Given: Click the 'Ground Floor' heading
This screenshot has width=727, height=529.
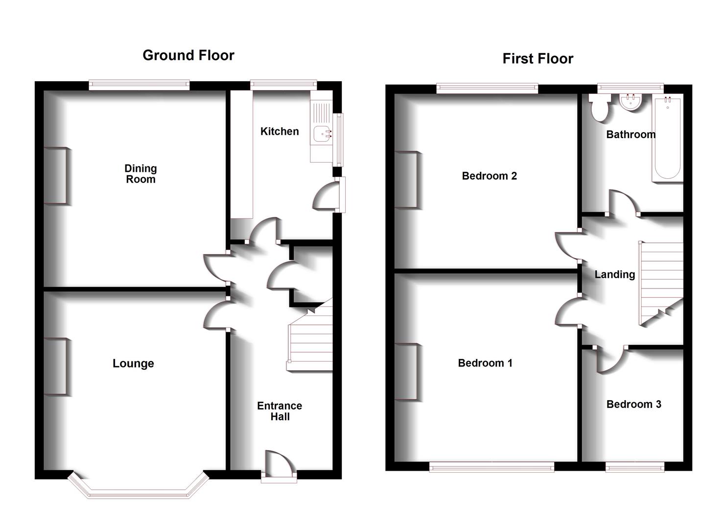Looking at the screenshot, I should (188, 55).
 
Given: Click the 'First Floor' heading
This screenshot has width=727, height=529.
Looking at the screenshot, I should (538, 59).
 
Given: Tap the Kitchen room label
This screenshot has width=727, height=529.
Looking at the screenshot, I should (280, 131).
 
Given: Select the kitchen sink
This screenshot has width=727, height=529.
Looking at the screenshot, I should (321, 132).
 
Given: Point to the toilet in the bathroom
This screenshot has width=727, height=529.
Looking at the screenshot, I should (599, 107).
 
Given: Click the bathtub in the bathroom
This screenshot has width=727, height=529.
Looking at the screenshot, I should (667, 138).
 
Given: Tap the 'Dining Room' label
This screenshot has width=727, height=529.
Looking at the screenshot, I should (141, 174).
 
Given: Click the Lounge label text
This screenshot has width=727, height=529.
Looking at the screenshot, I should (133, 363).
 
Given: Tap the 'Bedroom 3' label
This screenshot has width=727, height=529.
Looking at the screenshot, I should (633, 404).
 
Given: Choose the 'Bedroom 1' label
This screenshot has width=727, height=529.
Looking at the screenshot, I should (485, 363).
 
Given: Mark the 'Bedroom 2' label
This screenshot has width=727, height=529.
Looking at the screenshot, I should (489, 176).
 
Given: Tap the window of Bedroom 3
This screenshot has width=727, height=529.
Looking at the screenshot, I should (634, 467).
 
